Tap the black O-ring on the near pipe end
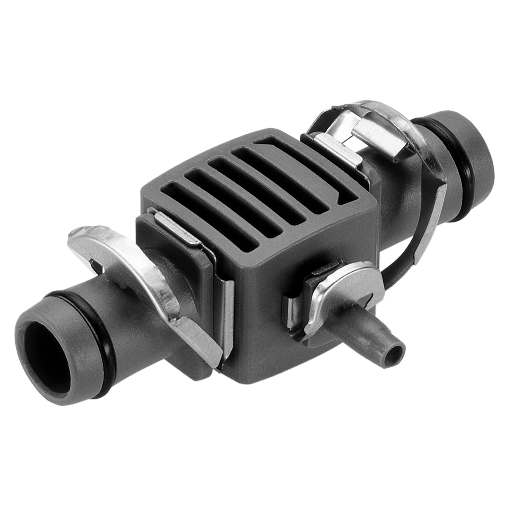(82, 306)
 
